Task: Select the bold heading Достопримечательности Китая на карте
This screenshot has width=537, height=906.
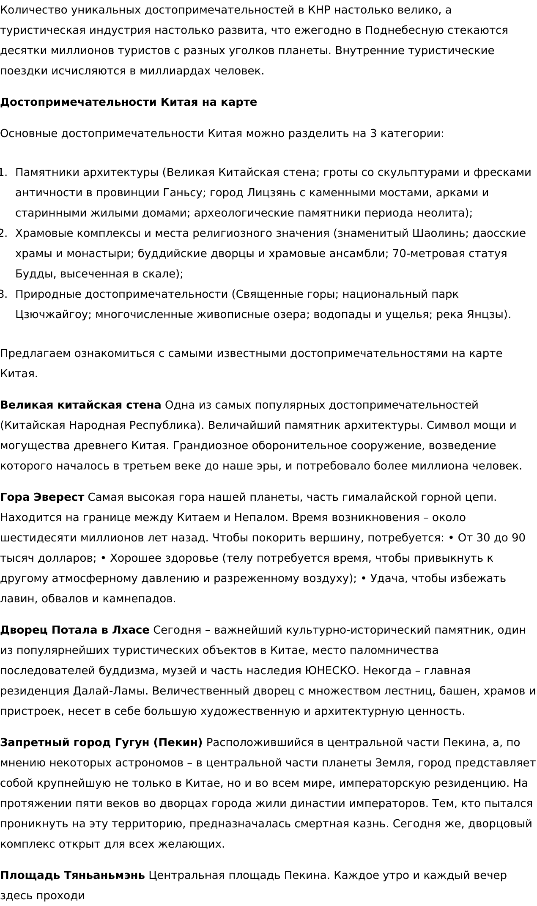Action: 129,102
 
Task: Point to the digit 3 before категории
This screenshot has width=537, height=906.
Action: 373,134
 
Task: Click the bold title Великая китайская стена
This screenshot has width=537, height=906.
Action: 80,405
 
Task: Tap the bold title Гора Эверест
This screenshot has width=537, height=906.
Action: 42,497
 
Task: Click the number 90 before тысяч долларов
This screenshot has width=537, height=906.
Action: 518,538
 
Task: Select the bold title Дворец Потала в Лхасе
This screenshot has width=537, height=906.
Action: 74,630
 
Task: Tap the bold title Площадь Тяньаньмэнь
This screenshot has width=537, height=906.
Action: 72,876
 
